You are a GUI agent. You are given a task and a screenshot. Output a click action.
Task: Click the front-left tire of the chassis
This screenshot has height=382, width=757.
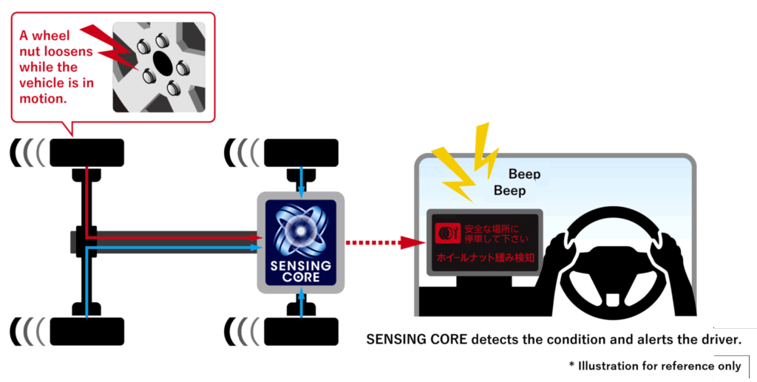[86, 153]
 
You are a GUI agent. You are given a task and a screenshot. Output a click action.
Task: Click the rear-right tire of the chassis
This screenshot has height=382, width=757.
[301, 331]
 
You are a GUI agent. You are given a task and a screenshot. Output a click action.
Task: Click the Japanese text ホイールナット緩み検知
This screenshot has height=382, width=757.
[485, 260]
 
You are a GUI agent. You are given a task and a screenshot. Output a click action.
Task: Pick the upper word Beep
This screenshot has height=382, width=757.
[525, 174]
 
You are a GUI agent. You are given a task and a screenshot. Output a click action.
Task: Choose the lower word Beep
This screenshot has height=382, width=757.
[510, 191]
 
